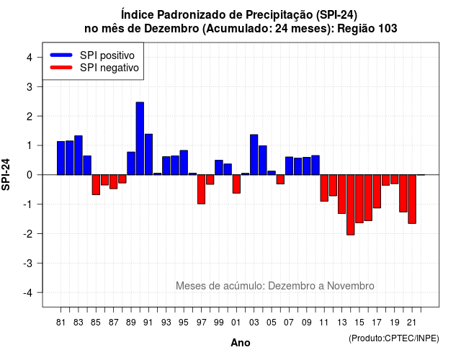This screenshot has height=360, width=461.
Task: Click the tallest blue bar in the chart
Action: click(x=140, y=138)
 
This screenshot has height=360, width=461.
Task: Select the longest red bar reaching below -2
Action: click(x=351, y=204)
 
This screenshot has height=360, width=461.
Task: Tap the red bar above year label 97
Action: click(x=202, y=189)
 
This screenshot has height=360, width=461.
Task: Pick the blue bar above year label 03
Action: click(x=254, y=155)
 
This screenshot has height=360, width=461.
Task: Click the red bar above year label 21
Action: click(x=412, y=199)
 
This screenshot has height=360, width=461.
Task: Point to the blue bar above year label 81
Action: click(x=61, y=158)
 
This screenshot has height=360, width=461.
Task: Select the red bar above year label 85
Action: click(x=96, y=184)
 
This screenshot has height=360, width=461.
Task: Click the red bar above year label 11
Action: click(x=324, y=188)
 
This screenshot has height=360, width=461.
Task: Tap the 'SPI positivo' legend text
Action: click(x=107, y=55)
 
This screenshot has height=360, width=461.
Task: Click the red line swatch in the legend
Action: click(x=61, y=68)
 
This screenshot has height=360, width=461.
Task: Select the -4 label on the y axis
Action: click(x=28, y=293)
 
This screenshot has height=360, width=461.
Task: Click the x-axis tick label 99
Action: click(x=219, y=323)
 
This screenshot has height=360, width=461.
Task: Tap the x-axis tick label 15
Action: click(x=359, y=323)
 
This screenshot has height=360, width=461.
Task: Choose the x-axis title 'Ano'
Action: click(x=241, y=343)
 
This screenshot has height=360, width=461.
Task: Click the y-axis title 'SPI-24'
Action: click(x=6, y=174)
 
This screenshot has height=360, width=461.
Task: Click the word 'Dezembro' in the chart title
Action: click(x=171, y=29)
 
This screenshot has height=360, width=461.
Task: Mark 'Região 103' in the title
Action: click(x=367, y=29)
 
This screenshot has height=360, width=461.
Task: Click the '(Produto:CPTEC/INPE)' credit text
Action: click(x=394, y=338)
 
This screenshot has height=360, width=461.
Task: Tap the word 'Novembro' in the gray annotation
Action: click(x=351, y=286)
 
